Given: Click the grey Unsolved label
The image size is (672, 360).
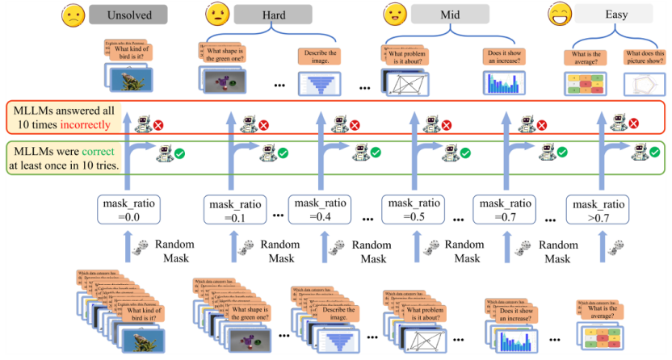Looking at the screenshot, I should [x=128, y=15].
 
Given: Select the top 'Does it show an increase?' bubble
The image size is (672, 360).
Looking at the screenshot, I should [x=503, y=57].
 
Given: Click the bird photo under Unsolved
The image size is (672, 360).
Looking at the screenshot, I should [x=128, y=77].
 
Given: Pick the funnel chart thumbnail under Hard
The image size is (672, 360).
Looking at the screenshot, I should [x=317, y=84].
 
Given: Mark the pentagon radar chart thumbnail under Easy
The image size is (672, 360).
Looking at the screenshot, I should [x=645, y=83].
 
